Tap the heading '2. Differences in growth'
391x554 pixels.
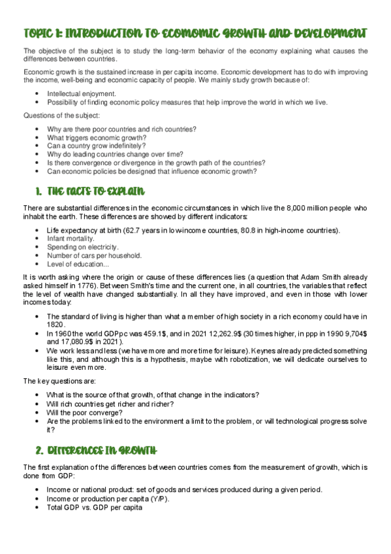click(95, 451)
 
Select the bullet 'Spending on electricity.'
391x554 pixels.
click(83, 248)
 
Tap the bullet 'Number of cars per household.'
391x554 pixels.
click(94, 256)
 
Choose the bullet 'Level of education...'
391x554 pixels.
click(77, 265)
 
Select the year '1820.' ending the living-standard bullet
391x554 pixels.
click(56, 325)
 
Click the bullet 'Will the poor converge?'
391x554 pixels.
click(86, 413)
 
